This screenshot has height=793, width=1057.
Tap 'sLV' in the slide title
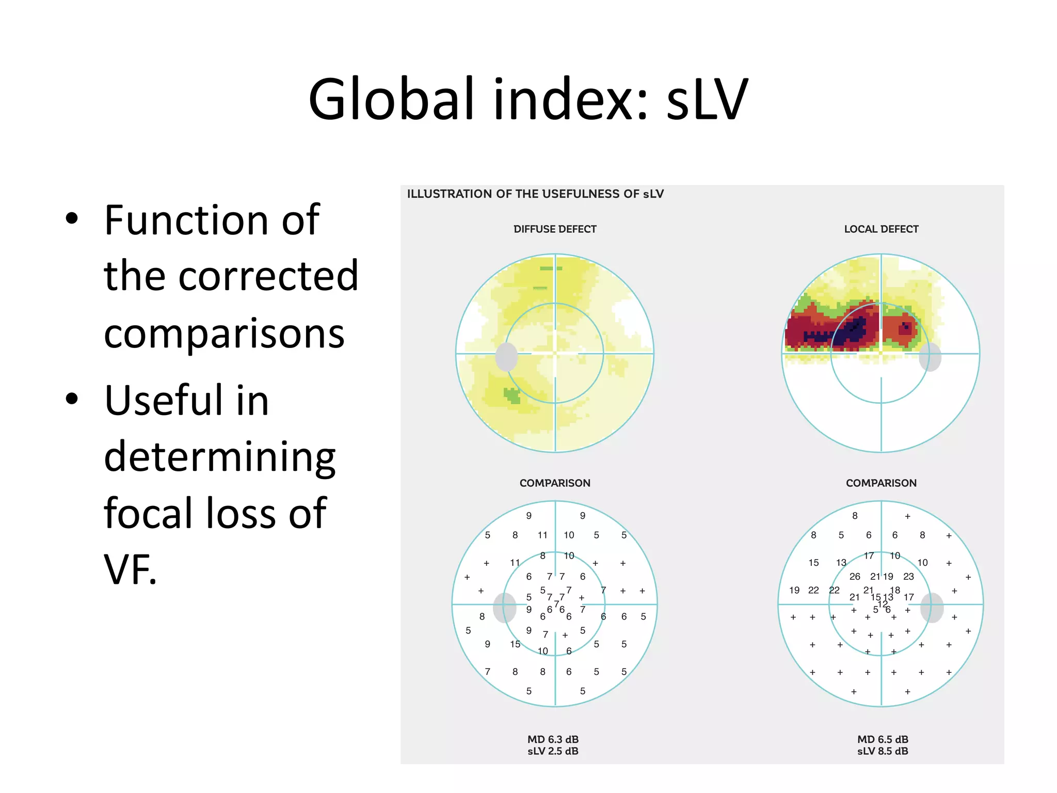[x=707, y=99]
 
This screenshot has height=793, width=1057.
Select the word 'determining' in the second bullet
[x=220, y=456]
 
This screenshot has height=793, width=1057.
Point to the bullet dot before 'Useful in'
[x=72, y=399]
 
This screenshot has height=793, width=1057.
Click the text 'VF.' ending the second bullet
[x=130, y=569]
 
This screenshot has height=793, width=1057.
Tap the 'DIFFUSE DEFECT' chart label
[x=555, y=229]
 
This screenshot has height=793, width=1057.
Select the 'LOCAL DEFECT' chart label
[x=881, y=229]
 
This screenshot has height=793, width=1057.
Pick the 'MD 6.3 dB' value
[x=553, y=739]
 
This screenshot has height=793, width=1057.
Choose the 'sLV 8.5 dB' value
[x=883, y=751]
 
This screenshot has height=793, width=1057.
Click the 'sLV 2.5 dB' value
[x=553, y=751]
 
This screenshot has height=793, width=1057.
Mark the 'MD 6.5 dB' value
[x=883, y=739]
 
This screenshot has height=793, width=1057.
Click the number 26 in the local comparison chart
[x=855, y=577]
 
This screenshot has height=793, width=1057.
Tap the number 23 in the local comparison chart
[x=908, y=577]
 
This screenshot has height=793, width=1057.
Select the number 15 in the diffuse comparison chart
[x=515, y=644]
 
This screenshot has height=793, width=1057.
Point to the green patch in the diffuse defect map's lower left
[x=512, y=395]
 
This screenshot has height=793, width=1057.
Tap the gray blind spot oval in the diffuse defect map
[x=506, y=356]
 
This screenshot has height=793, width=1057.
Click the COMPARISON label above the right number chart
[x=881, y=483]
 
